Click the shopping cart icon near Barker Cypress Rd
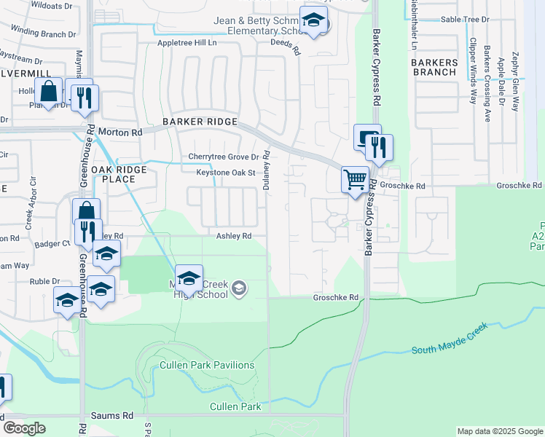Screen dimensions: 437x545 pyautogui.click(x=355, y=178)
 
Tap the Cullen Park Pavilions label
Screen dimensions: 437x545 pyautogui.click(x=207, y=365)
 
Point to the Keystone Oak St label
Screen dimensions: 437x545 pyautogui.click(x=226, y=173)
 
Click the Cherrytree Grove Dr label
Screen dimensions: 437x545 pyautogui.click(x=224, y=157)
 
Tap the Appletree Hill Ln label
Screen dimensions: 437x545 pyautogui.click(x=188, y=44)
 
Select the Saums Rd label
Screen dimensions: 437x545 pyautogui.click(x=112, y=415)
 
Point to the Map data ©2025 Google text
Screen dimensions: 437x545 pyautogui.click(x=500, y=431)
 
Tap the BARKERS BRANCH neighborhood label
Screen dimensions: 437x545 pyautogui.click(x=435, y=67)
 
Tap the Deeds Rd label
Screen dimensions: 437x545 pyautogui.click(x=286, y=47)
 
